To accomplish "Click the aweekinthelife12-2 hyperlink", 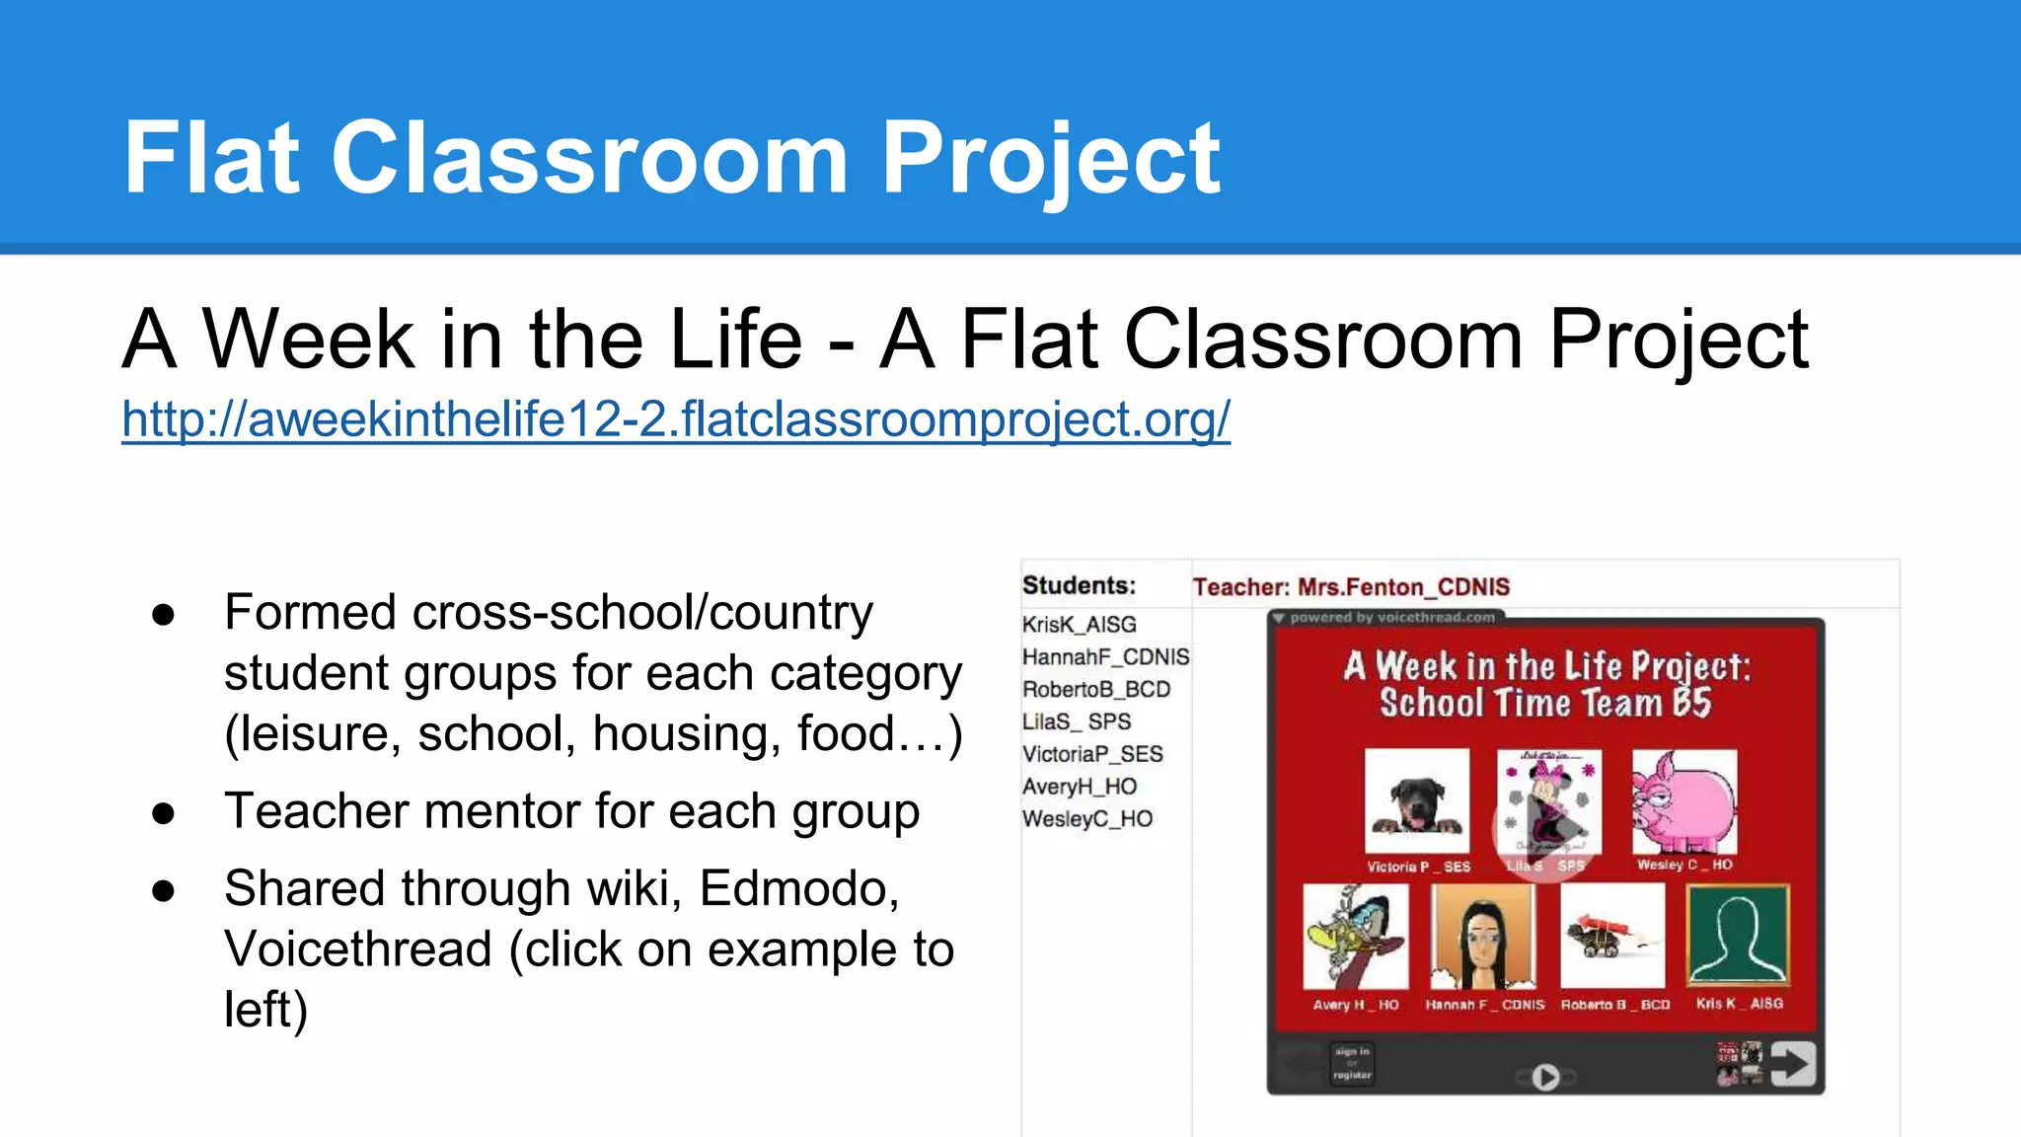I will click(x=676, y=419).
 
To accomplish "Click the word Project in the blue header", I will click(x=1050, y=158).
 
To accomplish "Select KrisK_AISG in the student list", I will click(x=1079, y=625).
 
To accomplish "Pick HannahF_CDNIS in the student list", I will click(x=1105, y=657).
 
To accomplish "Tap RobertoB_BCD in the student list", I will click(x=1095, y=690).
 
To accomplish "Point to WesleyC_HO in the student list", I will click(x=1086, y=819).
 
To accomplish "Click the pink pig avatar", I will click(x=1684, y=801).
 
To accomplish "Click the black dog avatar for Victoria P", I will click(x=1416, y=801).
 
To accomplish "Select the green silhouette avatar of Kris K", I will click(x=1737, y=936).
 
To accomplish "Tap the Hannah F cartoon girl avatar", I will click(x=1482, y=936).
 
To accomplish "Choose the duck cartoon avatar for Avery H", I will click(x=1355, y=936).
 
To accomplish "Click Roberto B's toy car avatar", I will click(x=1611, y=936).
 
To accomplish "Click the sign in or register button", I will click(x=1351, y=1064).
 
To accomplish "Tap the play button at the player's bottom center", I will click(x=1545, y=1077).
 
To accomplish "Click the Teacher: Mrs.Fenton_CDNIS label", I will click(x=1350, y=587).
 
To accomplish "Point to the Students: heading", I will click(x=1079, y=585).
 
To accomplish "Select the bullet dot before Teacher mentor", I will click(x=164, y=813).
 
